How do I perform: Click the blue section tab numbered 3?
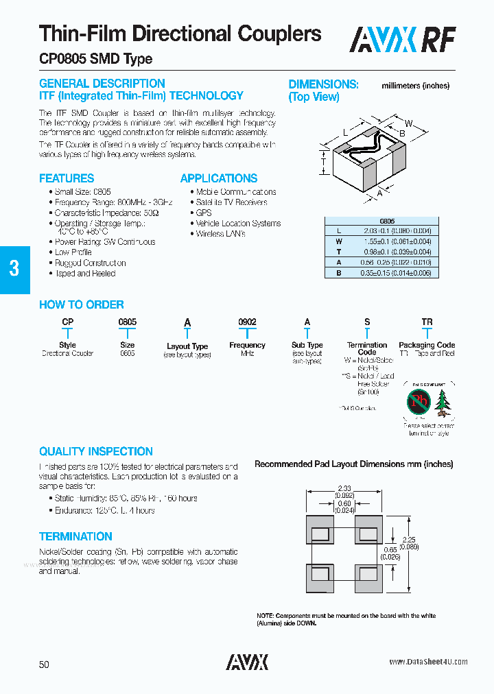tap(14, 269)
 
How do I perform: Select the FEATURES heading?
tap(67, 178)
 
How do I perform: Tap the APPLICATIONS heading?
tap(219, 178)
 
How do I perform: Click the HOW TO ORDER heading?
tap(82, 305)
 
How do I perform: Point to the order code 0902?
tap(247, 322)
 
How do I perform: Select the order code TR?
tap(427, 322)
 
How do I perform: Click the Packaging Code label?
tap(427, 345)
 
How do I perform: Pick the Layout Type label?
tap(187, 346)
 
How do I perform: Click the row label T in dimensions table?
tap(338, 252)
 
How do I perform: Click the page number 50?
tap(44, 665)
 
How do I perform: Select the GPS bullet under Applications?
tap(204, 213)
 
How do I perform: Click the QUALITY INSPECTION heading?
tap(96, 452)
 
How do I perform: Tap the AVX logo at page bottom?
tap(247, 662)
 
